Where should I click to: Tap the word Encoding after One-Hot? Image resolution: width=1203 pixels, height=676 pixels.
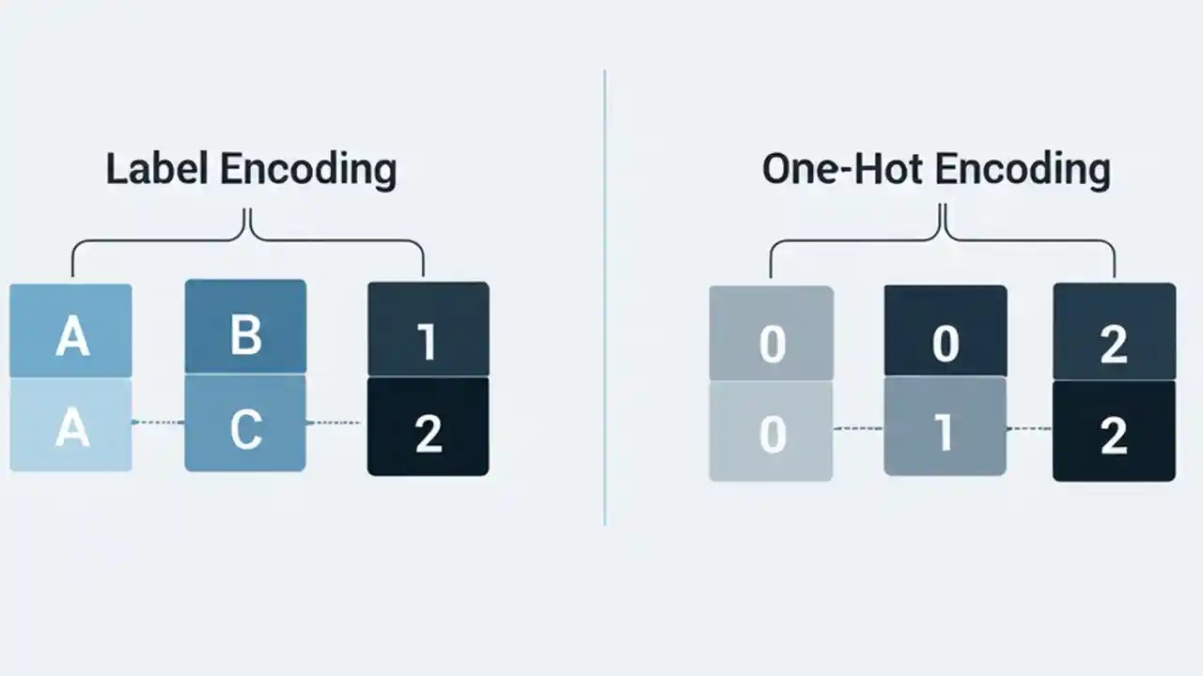1023,170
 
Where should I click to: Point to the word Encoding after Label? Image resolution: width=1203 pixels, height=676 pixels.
307,170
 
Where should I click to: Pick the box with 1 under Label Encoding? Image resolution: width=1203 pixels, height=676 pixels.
428,330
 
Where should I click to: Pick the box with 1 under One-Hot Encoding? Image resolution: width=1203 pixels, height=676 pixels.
945,430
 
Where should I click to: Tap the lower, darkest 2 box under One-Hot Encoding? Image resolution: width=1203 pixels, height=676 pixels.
1114,431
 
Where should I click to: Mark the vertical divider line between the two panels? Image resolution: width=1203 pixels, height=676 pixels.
604,300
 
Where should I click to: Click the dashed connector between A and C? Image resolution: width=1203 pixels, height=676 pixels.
158,422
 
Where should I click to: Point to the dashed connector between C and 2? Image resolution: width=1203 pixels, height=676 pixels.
336,422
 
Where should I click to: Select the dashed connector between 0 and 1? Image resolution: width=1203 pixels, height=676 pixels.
858,429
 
